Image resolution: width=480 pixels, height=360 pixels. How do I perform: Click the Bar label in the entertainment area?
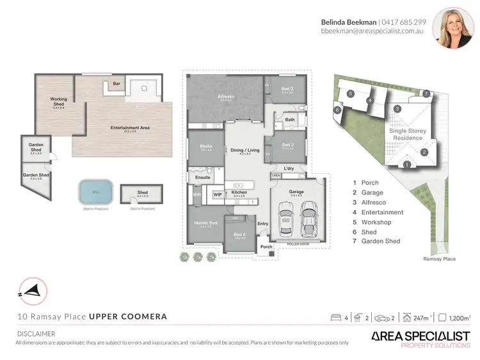pos(116,84)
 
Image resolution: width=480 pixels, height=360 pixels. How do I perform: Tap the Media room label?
pos(205,146)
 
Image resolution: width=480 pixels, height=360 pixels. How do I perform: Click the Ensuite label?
pos(202,177)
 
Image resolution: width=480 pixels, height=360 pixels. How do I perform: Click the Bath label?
pos(290,120)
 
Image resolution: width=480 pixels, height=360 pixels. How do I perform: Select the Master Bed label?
pos(205,223)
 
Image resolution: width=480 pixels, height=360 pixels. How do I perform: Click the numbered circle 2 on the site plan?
pos(424,152)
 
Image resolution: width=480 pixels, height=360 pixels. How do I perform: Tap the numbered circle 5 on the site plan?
pos(350,93)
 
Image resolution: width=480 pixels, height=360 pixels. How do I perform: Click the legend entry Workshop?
pos(376,222)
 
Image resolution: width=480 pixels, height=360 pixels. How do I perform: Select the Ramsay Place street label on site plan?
pos(439,259)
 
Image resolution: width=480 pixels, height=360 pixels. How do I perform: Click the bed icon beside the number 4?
pos(335,317)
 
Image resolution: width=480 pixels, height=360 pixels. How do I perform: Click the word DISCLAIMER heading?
pos(36,334)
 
